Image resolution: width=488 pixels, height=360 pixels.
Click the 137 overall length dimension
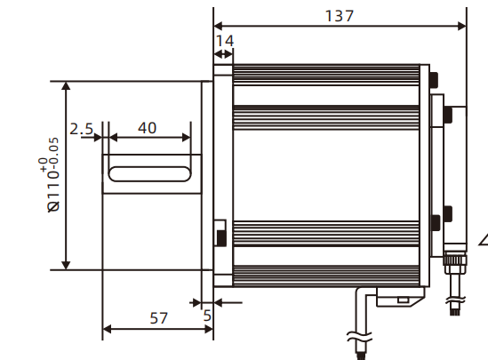click(340, 16)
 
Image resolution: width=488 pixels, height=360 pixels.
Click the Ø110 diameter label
click(54, 189)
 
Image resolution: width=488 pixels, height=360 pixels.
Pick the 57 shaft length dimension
click(157, 317)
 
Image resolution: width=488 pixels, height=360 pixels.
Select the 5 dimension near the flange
click(207, 315)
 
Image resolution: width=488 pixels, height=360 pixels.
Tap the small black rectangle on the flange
click(220, 236)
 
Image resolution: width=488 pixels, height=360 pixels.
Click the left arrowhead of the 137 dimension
click(219, 25)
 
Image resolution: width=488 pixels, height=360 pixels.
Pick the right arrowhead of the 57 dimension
click(209, 330)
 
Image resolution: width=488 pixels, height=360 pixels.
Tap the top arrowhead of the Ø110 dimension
click(66, 85)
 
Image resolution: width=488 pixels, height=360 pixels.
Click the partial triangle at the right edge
click(484, 238)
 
